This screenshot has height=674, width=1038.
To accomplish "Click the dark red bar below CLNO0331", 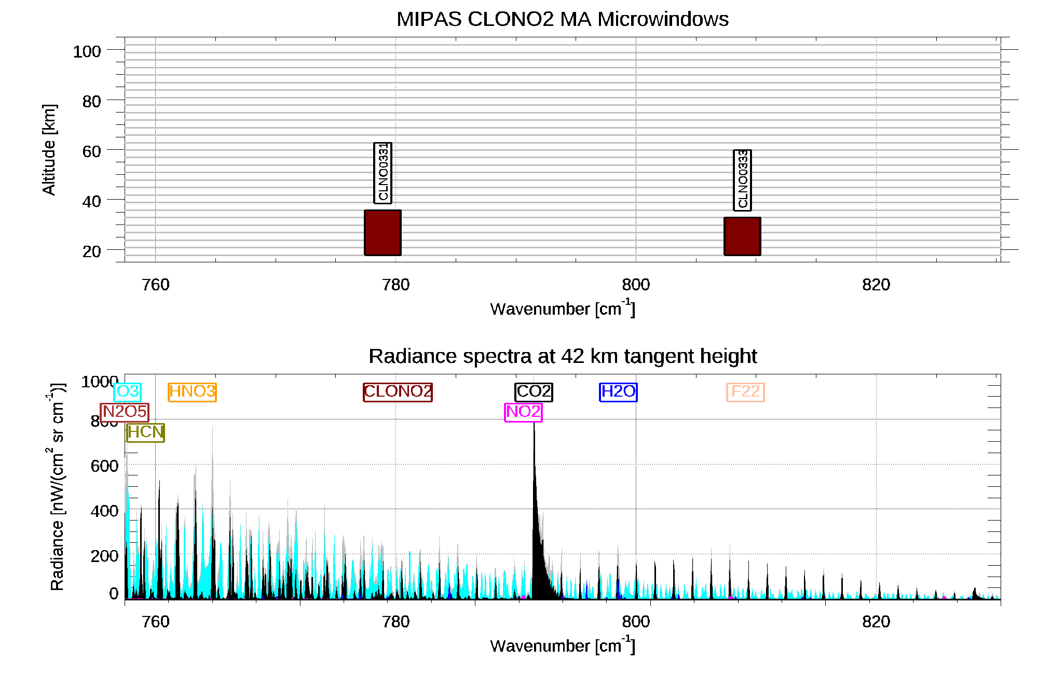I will (x=383, y=233).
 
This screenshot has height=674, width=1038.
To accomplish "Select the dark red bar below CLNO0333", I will (x=742, y=236).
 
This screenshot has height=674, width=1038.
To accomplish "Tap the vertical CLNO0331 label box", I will (x=383, y=173).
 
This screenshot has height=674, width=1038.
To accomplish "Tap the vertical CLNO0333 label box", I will (x=742, y=180).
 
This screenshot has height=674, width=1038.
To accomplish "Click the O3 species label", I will (x=127, y=391).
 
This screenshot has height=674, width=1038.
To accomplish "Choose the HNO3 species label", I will (x=192, y=391).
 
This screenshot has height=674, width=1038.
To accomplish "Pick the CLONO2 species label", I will (x=398, y=391).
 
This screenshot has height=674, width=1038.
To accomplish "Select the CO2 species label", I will (x=534, y=391).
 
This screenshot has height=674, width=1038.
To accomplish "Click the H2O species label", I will (x=618, y=391).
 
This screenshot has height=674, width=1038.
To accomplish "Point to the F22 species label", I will (x=745, y=391).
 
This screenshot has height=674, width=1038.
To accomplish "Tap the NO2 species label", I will (x=523, y=412).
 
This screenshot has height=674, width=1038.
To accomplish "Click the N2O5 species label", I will (x=125, y=412).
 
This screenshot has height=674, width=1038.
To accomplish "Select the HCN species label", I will (x=145, y=432).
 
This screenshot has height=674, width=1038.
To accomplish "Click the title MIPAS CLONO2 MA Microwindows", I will (x=563, y=19).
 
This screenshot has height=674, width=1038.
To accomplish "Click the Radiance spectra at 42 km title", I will (x=563, y=356).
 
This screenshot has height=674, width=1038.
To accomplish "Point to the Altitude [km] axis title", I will (x=49, y=150).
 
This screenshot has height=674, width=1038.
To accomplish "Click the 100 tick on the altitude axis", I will (x=87, y=51).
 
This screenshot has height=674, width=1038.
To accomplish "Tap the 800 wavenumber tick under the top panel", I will (x=636, y=285).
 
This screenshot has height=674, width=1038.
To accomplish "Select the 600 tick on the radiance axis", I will (x=104, y=466).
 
